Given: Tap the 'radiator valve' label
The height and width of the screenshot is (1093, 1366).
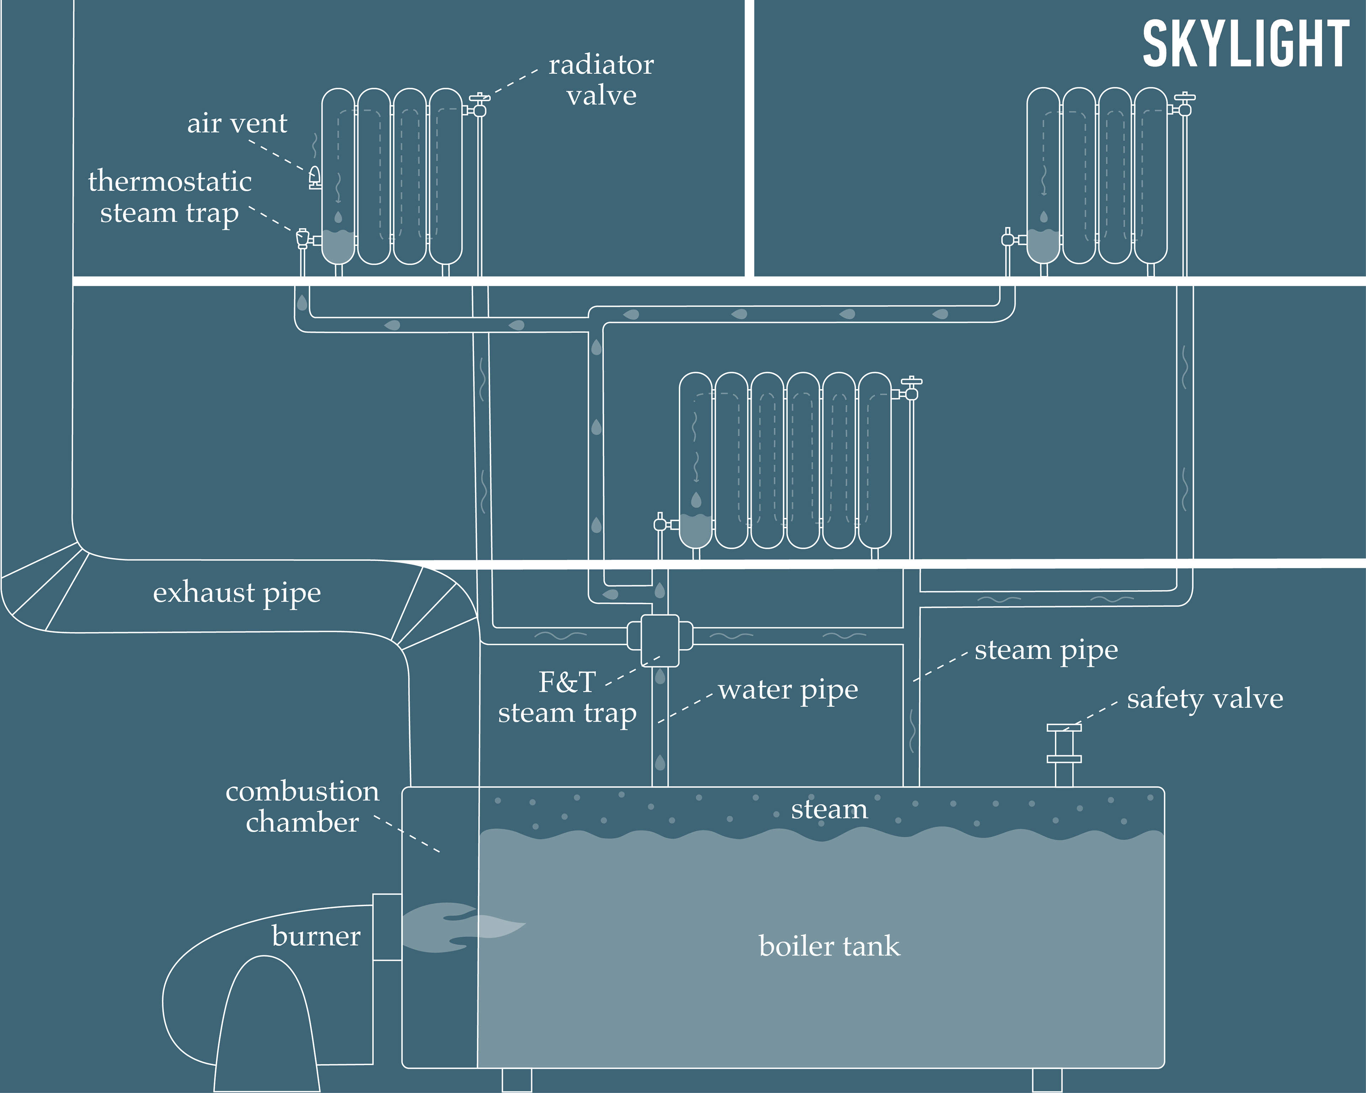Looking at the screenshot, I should (600, 80).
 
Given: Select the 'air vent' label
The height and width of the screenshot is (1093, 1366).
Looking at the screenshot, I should (237, 123).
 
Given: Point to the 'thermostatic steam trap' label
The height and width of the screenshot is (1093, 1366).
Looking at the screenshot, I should (169, 196).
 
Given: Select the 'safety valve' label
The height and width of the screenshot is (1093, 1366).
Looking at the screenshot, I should (1204, 699).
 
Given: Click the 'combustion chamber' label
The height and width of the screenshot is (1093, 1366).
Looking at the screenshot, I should (302, 807).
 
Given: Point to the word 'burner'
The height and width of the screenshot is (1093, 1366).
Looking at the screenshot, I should (316, 936).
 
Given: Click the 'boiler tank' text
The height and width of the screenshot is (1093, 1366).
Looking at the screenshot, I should (829, 946).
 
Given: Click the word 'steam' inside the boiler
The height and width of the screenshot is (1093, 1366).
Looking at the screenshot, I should (829, 809).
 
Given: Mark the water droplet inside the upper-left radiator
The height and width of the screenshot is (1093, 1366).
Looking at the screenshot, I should (338, 217).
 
